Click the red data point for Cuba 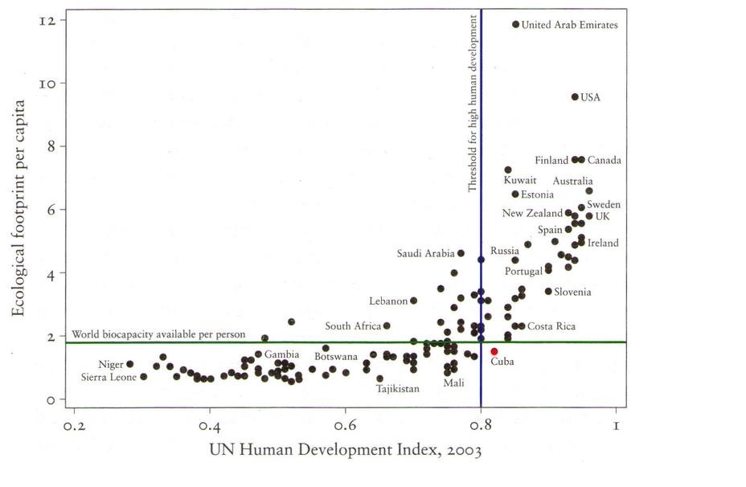(494, 351)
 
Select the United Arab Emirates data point (515, 24)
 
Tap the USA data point (574, 96)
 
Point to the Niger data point (129, 364)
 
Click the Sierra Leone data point (143, 376)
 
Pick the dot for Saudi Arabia (461, 253)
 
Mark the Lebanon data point (413, 301)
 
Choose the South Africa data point (387, 325)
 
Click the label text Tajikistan (398, 389)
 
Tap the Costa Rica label (551, 326)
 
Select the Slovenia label (572, 292)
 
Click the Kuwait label (519, 181)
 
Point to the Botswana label (336, 356)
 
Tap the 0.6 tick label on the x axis (345, 425)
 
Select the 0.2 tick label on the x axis (74, 425)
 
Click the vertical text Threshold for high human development (473, 102)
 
